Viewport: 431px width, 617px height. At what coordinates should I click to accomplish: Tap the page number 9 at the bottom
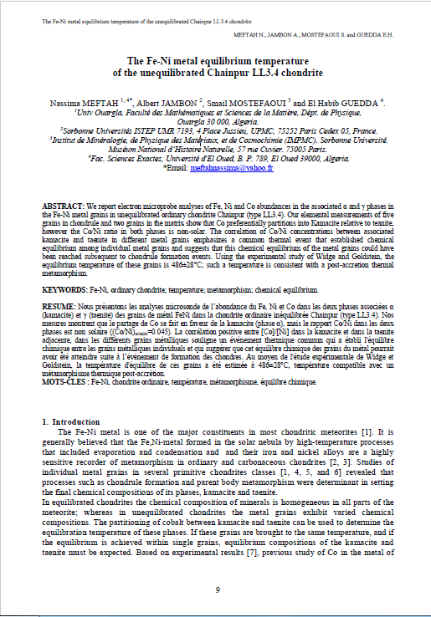point(217,590)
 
